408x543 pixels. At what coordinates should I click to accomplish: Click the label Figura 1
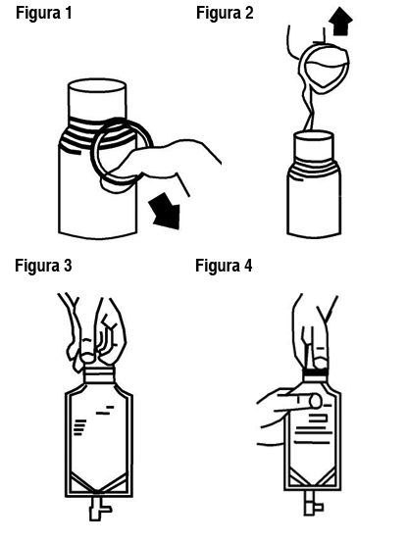click(44, 13)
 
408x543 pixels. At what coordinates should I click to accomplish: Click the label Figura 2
click(225, 13)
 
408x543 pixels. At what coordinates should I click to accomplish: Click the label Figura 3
click(43, 266)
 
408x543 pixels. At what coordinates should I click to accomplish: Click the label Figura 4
click(224, 266)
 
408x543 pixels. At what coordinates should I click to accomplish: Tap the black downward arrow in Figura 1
click(166, 212)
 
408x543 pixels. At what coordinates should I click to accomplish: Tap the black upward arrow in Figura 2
click(340, 21)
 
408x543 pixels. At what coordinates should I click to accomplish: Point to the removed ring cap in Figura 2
click(324, 68)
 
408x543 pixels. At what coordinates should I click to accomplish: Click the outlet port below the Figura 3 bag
click(99, 509)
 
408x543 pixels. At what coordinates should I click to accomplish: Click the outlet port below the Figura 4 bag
click(313, 504)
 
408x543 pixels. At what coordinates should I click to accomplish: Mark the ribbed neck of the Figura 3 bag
click(99, 375)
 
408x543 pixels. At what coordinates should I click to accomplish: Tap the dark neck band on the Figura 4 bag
click(315, 372)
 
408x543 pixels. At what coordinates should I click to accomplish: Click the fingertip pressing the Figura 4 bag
click(316, 401)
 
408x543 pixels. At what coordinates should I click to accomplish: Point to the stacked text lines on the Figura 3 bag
click(80, 427)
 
